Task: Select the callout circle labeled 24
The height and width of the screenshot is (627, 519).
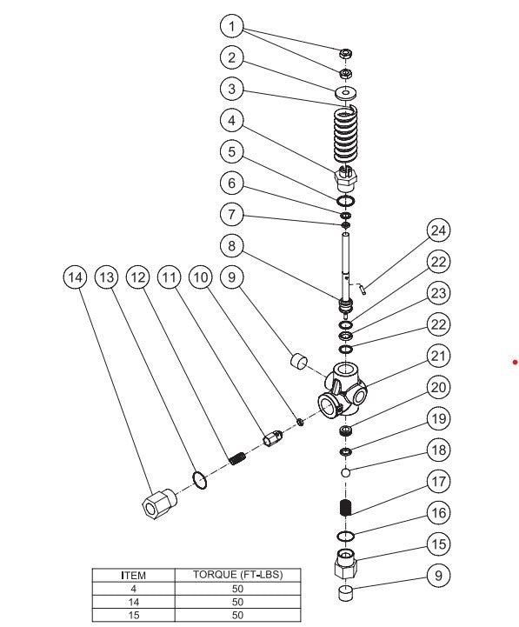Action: (439, 231)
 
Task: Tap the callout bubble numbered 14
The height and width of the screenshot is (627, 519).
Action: (76, 277)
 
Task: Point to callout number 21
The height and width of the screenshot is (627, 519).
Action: (439, 357)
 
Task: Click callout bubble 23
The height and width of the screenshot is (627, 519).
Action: (439, 293)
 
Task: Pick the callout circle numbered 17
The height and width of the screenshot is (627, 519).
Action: (439, 481)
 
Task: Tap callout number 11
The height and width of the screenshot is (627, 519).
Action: (169, 277)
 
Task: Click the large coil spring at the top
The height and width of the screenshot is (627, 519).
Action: (347, 135)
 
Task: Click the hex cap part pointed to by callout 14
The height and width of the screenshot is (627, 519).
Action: (157, 504)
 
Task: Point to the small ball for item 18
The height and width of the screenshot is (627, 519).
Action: (345, 472)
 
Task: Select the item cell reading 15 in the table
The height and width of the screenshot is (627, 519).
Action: (133, 614)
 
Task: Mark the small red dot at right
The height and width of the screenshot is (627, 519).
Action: (515, 361)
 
